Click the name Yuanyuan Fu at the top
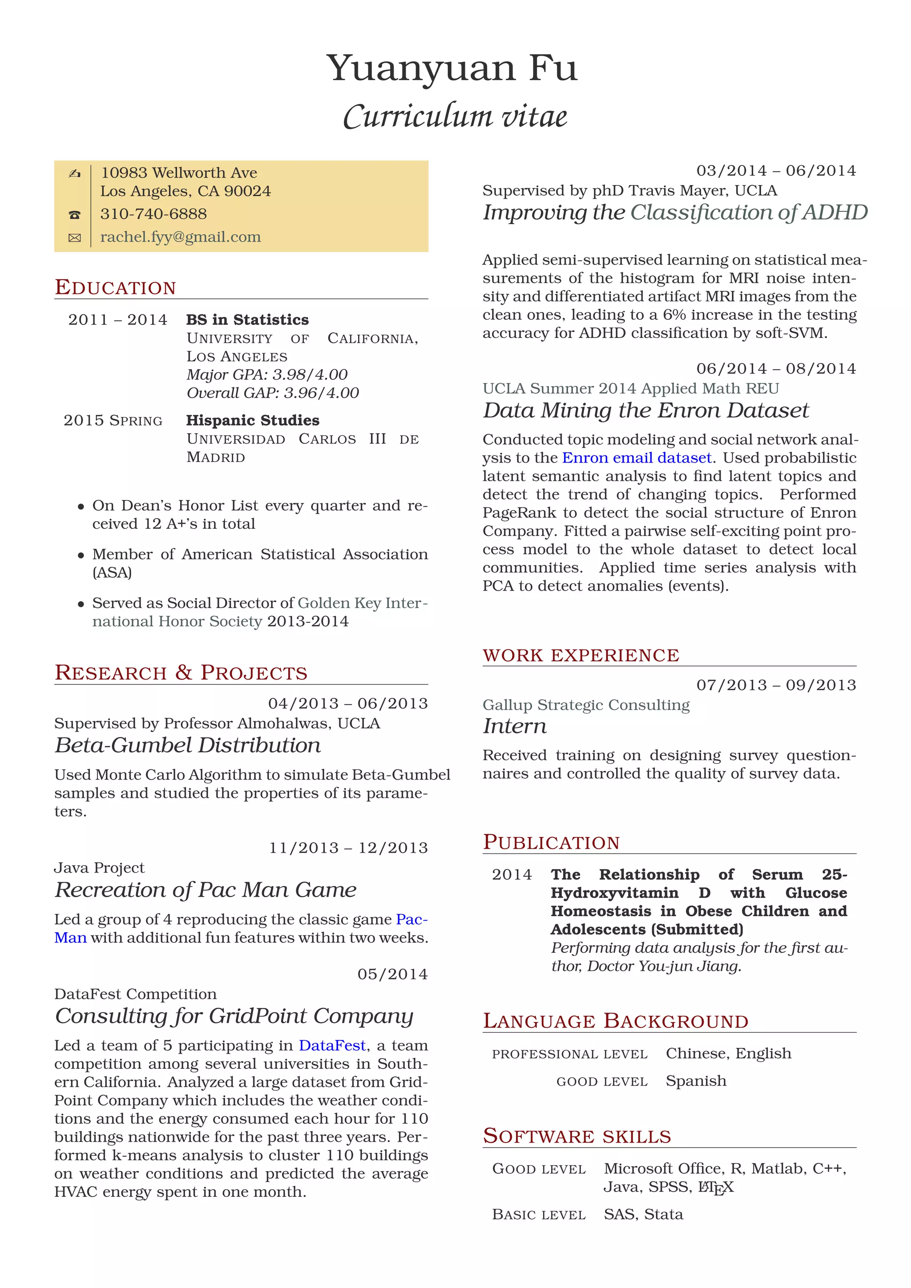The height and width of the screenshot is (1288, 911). click(x=451, y=68)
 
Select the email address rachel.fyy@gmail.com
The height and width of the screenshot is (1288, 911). click(x=180, y=237)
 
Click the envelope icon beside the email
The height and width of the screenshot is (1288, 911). click(x=75, y=238)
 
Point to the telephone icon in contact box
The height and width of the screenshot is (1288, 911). click(x=75, y=214)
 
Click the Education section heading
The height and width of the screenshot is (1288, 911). click(x=116, y=287)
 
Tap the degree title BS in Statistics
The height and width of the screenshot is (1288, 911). click(x=247, y=320)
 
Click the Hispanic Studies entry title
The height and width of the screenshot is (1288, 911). click(x=252, y=420)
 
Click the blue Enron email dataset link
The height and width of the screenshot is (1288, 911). click(x=636, y=458)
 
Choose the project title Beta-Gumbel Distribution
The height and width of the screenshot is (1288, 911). click(x=187, y=745)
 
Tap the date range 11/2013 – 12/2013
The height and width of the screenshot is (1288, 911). click(x=348, y=848)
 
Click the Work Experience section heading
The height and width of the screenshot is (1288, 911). click(x=580, y=655)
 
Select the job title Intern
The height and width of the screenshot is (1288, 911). click(x=514, y=726)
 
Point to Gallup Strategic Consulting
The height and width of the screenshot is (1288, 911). click(x=586, y=704)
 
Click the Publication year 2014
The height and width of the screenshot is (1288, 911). click(x=512, y=874)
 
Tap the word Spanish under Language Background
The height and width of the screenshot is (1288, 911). click(x=696, y=1081)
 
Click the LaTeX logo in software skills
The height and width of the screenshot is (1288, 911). click(x=715, y=1187)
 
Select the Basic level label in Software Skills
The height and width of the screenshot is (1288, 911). click(x=539, y=1215)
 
